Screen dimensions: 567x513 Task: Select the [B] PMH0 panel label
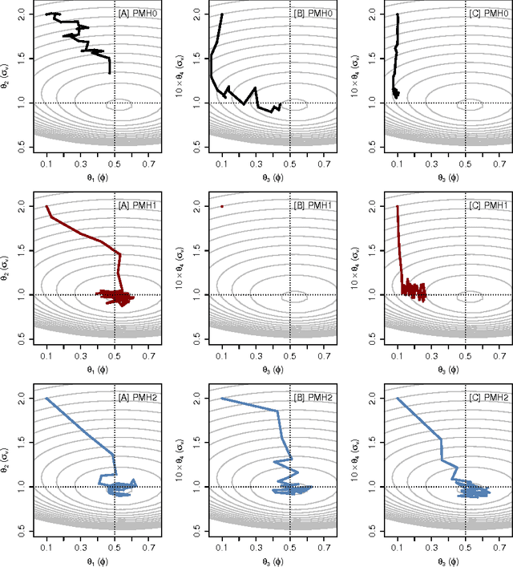[313, 14]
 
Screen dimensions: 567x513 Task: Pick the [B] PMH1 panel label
[313, 206]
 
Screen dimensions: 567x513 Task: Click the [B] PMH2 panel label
[313, 398]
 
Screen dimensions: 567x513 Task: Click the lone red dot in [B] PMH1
[222, 206]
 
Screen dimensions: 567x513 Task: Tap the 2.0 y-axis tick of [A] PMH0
[20, 14]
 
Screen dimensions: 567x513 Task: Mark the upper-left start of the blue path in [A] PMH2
[46, 399]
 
